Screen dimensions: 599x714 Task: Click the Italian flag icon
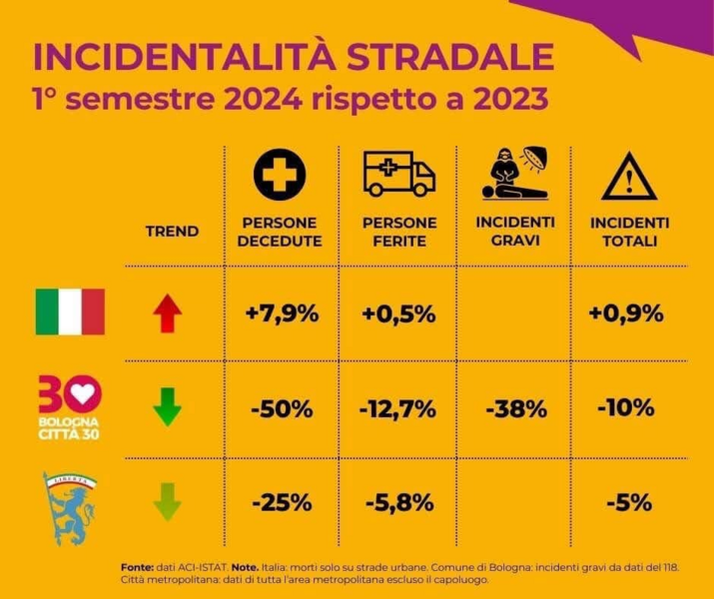(70, 311)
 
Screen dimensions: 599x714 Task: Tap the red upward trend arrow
(168, 313)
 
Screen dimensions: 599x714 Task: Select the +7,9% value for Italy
(282, 313)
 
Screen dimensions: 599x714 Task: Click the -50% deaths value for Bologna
(282, 408)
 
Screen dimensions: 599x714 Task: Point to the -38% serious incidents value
(516, 408)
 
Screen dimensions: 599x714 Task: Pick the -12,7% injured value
(397, 408)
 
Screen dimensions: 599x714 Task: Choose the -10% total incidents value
(626, 408)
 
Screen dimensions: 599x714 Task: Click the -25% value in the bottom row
(282, 501)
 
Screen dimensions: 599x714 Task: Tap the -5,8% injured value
(397, 501)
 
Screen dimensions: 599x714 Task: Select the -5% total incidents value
(626, 501)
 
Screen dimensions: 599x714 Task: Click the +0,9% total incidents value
(626, 313)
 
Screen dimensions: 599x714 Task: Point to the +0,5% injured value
(397, 313)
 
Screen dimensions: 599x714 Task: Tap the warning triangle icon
(628, 178)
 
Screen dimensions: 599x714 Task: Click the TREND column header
(172, 232)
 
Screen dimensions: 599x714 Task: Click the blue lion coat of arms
(70, 505)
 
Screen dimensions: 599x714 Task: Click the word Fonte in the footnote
(136, 566)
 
